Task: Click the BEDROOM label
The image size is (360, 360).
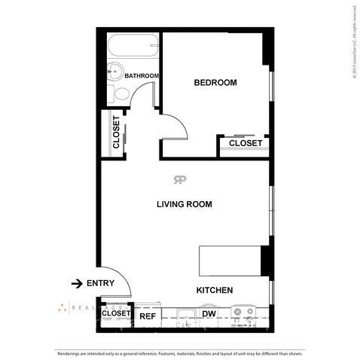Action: [215, 82]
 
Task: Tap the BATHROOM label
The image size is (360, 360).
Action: [142, 76]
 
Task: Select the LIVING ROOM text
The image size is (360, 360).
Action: [184, 204]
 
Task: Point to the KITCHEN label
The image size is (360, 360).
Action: [215, 290]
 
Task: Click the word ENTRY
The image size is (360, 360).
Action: [100, 283]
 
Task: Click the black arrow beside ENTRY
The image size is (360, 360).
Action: [77, 283]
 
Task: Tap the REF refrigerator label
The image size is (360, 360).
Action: [147, 316]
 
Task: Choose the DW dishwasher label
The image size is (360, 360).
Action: [209, 314]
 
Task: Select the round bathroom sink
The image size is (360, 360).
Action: [115, 73]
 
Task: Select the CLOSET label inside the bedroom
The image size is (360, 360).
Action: [245, 143]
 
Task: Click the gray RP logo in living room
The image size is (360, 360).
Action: [180, 179]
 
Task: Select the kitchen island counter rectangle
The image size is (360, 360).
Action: [229, 261]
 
